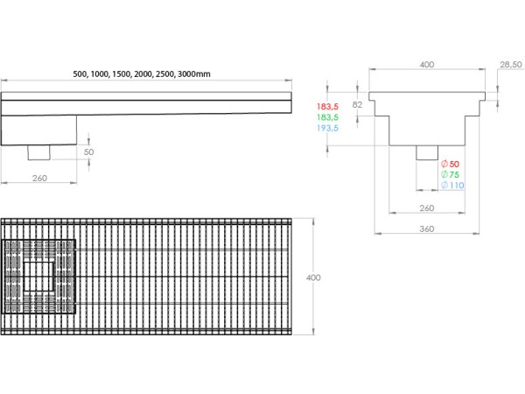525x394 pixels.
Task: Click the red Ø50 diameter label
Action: [451, 164]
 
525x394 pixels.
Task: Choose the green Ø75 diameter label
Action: [451, 174]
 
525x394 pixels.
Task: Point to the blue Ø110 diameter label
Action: [451, 186]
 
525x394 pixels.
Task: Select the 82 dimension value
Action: [357, 104]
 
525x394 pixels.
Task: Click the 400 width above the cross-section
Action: [426, 64]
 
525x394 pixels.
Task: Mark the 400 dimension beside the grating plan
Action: [313, 277]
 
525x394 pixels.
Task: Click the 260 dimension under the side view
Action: [39, 178]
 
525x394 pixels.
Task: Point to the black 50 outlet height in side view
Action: [88, 151]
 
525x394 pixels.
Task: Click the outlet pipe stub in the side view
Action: [40, 153]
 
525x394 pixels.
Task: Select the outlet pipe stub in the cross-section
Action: [426, 152]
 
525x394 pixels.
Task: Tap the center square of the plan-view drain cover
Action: [39, 277]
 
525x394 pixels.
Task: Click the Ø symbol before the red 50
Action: [444, 164]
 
